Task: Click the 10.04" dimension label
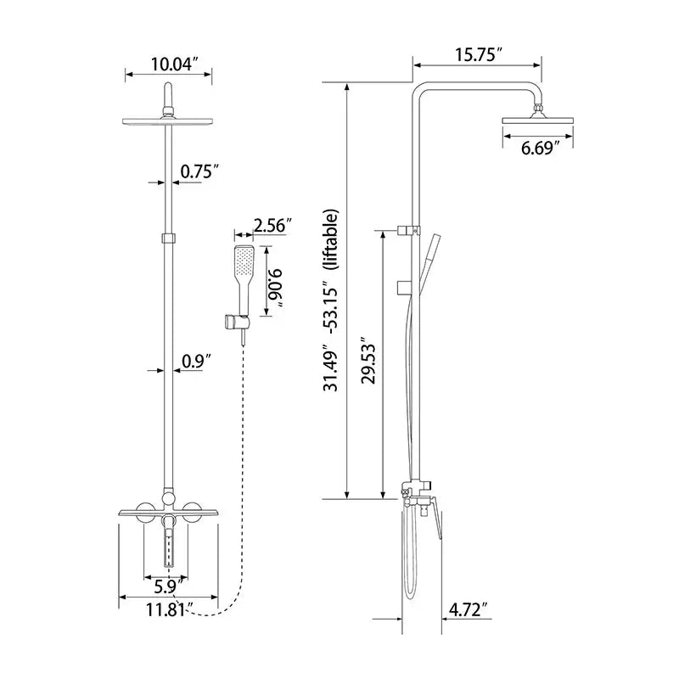click(x=174, y=64)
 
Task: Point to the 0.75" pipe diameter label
click(x=199, y=171)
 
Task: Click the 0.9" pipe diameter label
click(x=196, y=361)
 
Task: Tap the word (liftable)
click(x=332, y=238)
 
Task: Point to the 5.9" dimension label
click(x=167, y=585)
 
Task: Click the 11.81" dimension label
click(x=167, y=608)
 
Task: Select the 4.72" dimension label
click(x=469, y=609)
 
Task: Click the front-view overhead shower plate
click(x=168, y=121)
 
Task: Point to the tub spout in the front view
click(x=168, y=543)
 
